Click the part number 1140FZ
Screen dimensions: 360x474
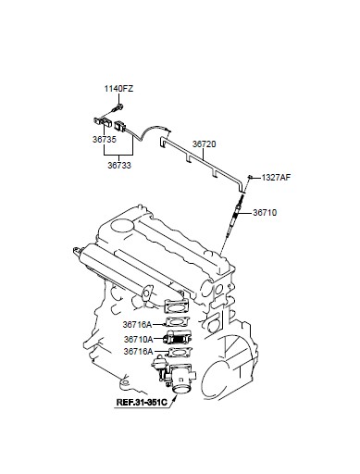[x=118, y=89]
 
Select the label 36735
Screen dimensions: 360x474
[x=105, y=140]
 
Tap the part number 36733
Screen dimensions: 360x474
[x=119, y=166]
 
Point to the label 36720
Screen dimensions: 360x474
[x=205, y=144]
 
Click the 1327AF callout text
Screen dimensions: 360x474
[x=276, y=178]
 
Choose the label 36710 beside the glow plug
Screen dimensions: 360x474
[x=265, y=213]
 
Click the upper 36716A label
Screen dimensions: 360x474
[x=137, y=325]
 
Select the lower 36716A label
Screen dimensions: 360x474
[x=138, y=352]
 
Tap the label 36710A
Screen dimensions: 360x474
[x=139, y=340]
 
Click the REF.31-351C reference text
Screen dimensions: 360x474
[x=142, y=403]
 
